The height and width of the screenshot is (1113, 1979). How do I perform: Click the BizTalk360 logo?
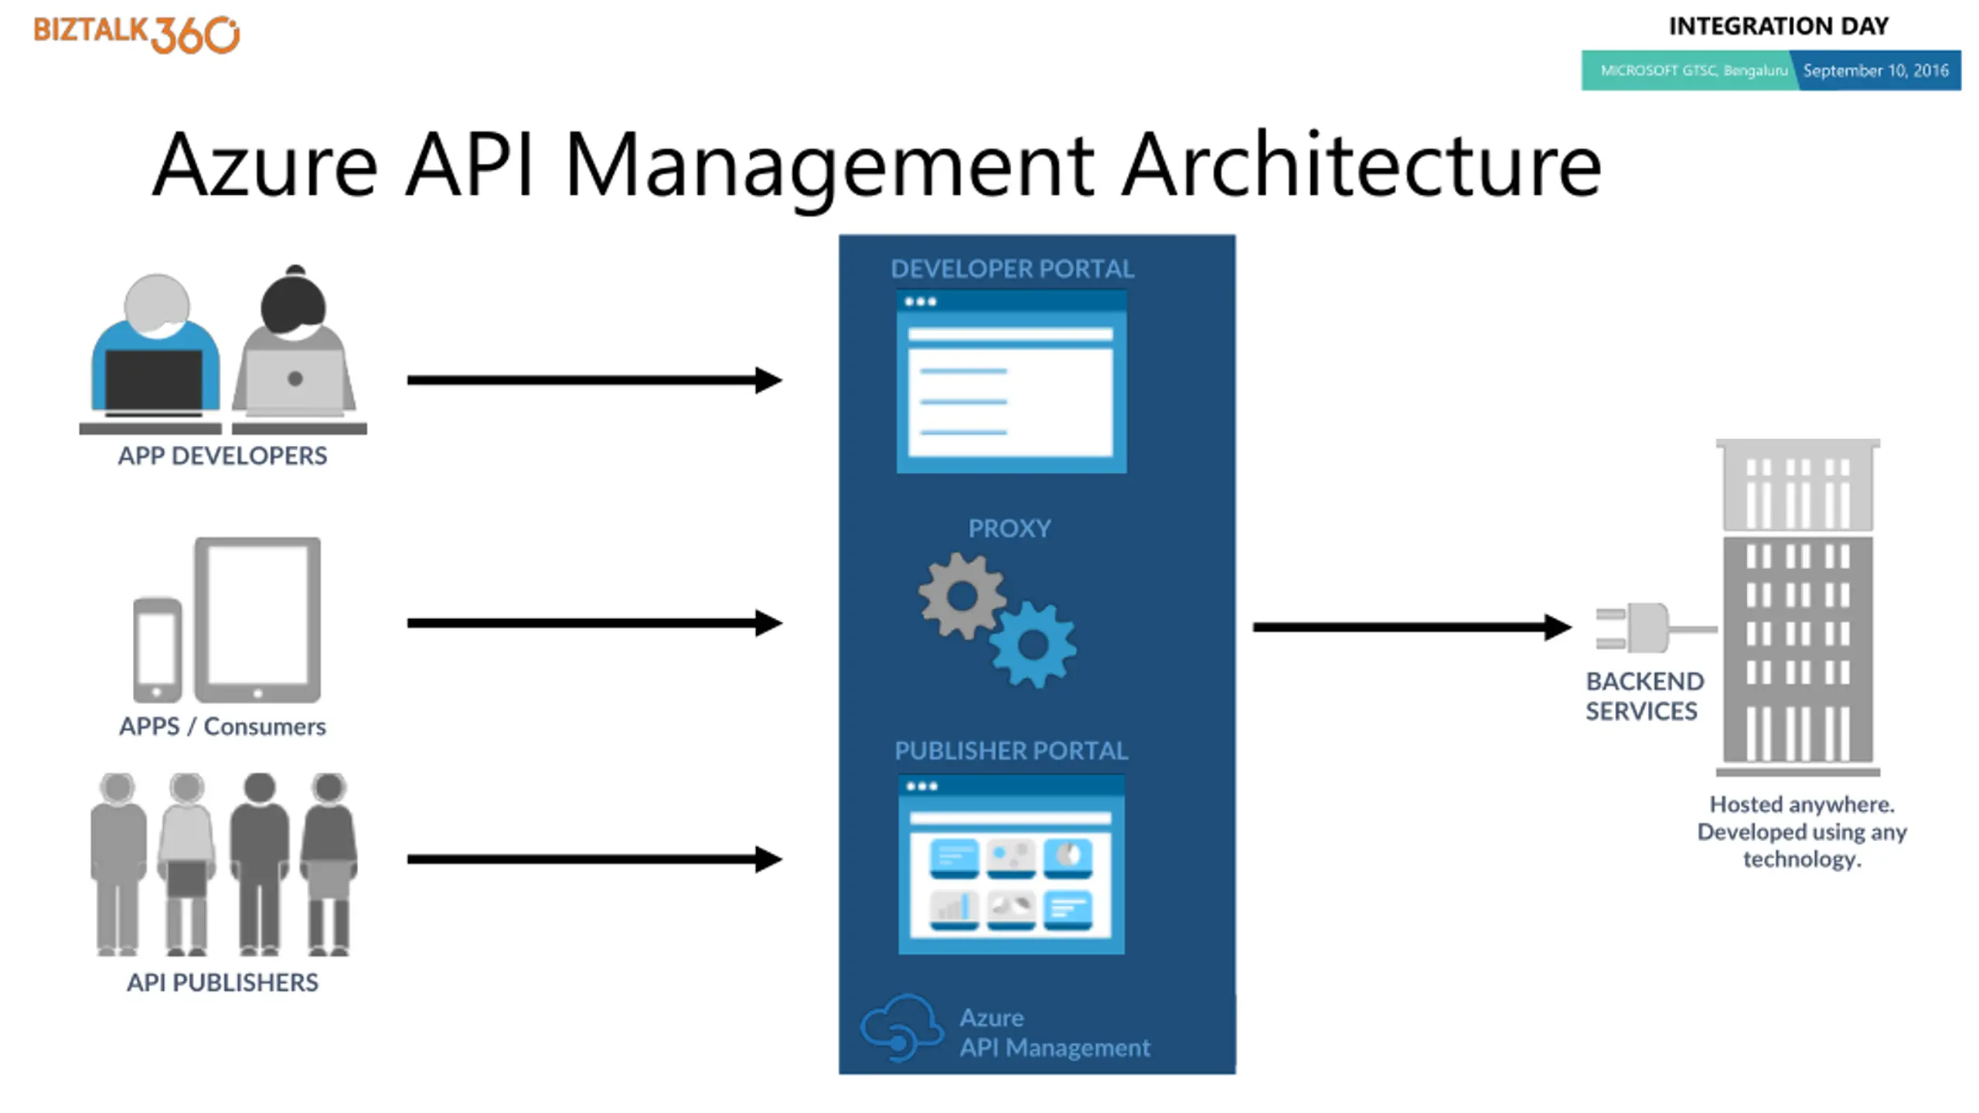[x=136, y=34]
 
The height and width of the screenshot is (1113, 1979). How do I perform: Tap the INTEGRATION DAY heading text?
[x=1778, y=26]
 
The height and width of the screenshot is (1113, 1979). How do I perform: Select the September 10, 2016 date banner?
[x=1876, y=70]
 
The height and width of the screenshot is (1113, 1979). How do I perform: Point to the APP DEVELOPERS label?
[x=223, y=456]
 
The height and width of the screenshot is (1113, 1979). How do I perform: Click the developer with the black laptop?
[x=155, y=348]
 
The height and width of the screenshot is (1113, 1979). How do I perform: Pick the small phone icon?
[x=157, y=649]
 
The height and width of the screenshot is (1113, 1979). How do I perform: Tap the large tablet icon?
[x=257, y=618]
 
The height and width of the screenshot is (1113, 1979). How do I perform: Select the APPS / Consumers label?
[x=223, y=727]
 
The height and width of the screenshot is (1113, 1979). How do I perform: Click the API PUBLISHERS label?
[x=223, y=982]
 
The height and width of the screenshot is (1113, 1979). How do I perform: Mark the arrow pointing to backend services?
[x=1411, y=627]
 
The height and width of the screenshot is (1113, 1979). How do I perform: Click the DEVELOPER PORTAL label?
[x=1012, y=269]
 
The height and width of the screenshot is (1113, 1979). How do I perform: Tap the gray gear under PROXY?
[x=962, y=596]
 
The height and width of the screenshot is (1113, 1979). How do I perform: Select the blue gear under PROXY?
[x=1033, y=644]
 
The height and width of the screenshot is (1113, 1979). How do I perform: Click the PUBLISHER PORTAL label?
[x=1011, y=751]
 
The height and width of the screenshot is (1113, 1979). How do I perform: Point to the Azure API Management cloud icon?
[x=901, y=1028]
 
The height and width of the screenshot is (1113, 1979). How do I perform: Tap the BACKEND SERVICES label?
[x=1643, y=696]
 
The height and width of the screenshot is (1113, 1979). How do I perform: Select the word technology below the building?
[x=1801, y=859]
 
